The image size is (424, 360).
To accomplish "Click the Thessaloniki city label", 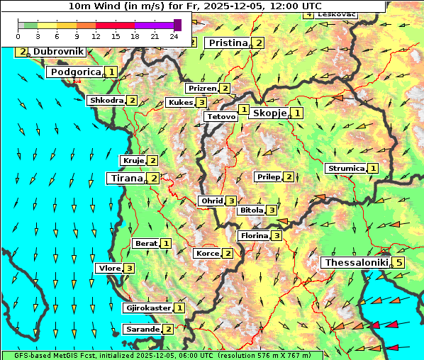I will (x=356, y=263).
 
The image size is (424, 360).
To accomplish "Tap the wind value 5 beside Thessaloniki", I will (x=399, y=263).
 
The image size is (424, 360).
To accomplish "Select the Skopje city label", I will (x=269, y=113).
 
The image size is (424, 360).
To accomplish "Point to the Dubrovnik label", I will (x=58, y=52).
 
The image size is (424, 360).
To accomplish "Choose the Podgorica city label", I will (x=75, y=72).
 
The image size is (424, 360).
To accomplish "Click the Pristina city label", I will (x=228, y=43).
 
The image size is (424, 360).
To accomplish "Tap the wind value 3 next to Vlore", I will (x=129, y=269).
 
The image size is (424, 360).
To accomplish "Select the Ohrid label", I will (x=211, y=201).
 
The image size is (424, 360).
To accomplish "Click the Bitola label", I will (x=251, y=210).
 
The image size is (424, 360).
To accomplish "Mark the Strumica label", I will (x=345, y=169).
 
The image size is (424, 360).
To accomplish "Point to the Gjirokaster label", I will (x=148, y=308).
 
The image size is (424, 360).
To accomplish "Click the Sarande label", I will (x=142, y=330).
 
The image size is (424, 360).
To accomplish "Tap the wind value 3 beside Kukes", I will (x=202, y=103).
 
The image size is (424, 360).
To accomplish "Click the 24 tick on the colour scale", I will (x=174, y=35).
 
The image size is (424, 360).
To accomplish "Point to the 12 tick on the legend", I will (x=96, y=35).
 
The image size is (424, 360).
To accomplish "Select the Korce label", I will (x=207, y=254).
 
